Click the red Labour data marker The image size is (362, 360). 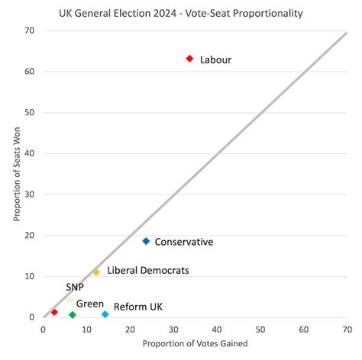tap(190, 59)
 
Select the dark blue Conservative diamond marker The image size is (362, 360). tap(146, 241)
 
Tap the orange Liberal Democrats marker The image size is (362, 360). tap(96, 272)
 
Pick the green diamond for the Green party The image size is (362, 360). tap(73, 314)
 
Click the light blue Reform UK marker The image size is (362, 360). tap(105, 314)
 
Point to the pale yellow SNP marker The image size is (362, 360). tap(69, 300)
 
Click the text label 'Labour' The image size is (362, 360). tap(215, 59)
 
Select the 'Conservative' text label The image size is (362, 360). tap(183, 242)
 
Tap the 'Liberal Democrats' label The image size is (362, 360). tap(148, 270)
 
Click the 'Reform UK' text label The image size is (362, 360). tap(138, 307)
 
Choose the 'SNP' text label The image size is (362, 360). tap(75, 287)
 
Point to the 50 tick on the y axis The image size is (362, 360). tap(31, 112)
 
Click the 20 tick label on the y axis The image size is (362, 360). tap(31, 236)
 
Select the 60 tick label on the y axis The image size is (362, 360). tap(31, 72)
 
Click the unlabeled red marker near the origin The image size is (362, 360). tap(54, 312)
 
